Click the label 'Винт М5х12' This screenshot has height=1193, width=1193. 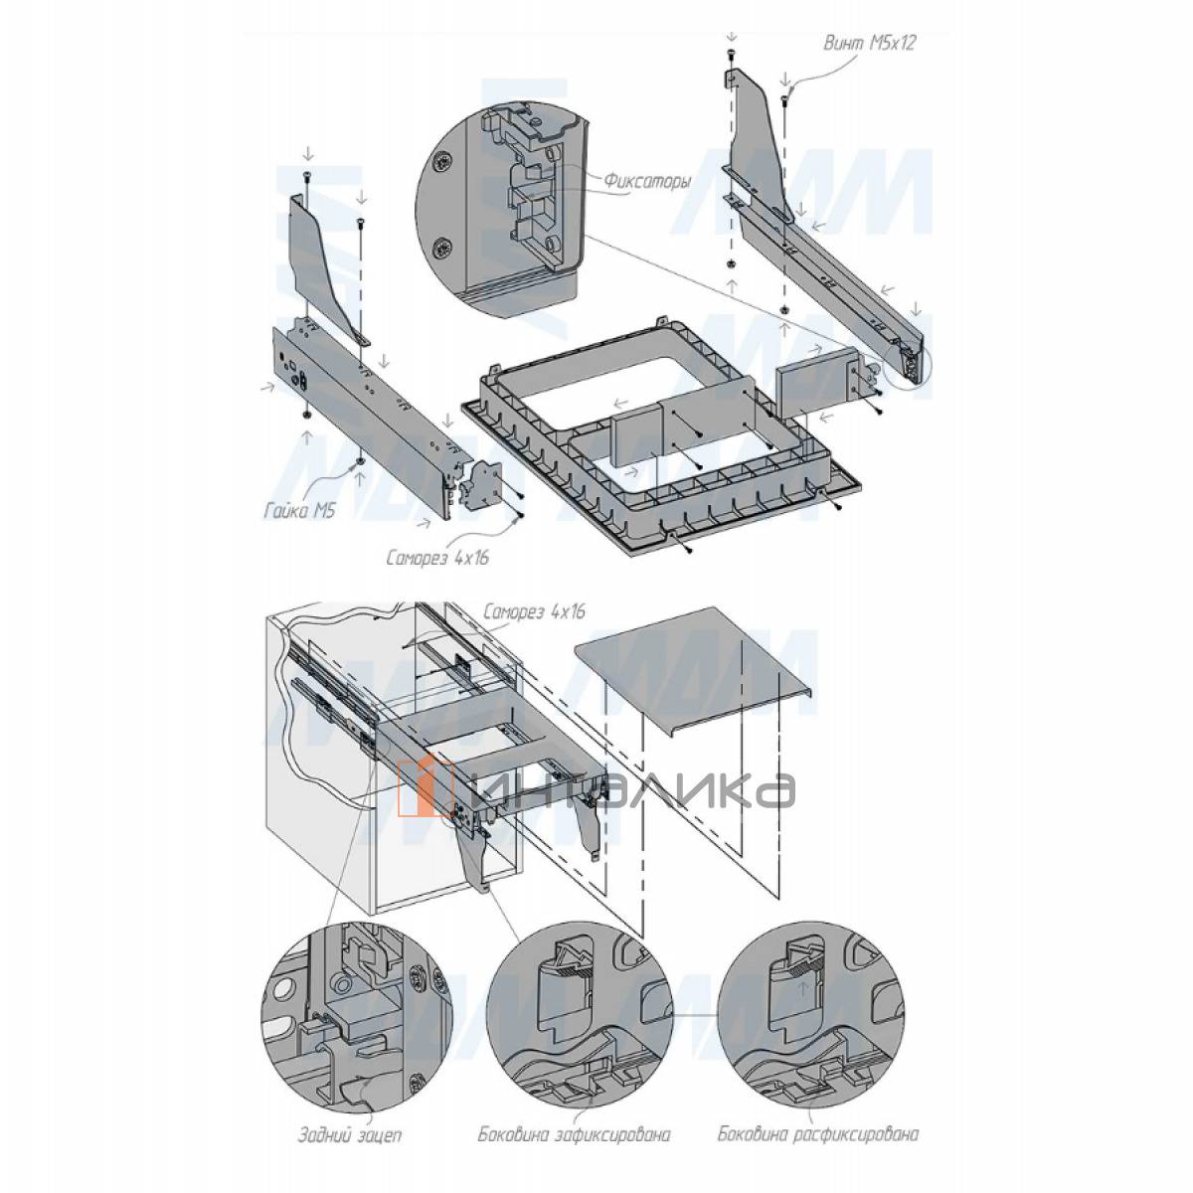coord(869,44)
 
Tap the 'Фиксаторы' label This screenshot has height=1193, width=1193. coord(647,181)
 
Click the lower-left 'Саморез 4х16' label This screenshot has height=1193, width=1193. coord(437,558)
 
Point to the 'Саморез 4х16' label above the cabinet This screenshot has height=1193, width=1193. coord(533,612)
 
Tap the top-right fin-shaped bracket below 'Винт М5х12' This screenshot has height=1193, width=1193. coord(759,141)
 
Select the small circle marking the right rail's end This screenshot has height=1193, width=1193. coord(908,369)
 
